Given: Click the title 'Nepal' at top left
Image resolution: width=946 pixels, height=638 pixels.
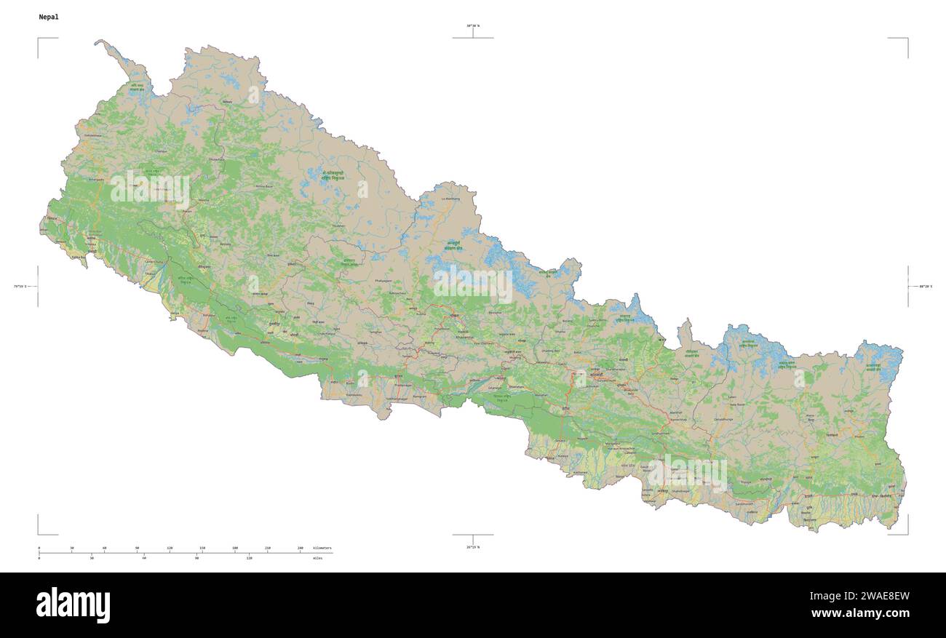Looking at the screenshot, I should point(49,17).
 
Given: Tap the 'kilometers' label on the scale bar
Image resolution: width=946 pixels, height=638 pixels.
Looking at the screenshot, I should point(322,547).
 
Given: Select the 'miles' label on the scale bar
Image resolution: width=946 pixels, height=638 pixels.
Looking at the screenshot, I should point(317,558).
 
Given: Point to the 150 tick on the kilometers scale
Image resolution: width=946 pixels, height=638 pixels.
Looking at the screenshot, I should point(202,547).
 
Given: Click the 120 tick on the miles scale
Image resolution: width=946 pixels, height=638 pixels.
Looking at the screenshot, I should point(249,558).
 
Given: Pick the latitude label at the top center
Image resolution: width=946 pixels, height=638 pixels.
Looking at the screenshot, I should point(473,26).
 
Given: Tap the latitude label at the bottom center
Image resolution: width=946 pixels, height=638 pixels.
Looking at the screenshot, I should point(473,546).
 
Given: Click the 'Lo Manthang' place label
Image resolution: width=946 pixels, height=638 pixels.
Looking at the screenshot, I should point(451,198).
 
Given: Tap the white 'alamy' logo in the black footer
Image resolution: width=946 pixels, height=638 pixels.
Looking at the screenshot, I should point(73,605).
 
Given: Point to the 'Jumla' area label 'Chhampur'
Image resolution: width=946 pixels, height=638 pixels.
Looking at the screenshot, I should point(161,151).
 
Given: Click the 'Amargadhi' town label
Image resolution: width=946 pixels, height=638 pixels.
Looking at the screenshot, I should point(96,179).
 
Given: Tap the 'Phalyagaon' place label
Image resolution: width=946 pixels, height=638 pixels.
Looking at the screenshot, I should point(383,280).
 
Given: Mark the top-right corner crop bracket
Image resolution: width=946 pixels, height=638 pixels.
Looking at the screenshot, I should point(907,39).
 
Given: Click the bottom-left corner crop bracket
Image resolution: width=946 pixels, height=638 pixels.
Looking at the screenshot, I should point(39,533).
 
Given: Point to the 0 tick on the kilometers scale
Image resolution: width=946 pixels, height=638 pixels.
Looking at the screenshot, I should point(39,547).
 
